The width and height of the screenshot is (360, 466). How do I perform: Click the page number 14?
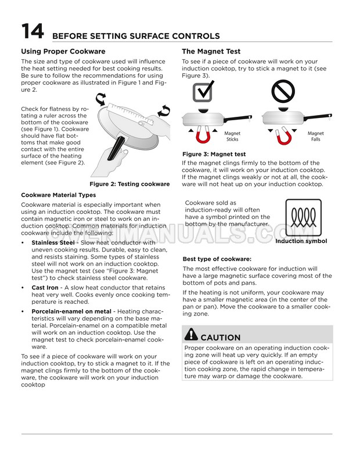[x=33, y=33]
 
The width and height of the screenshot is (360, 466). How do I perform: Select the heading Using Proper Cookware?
[x=63, y=51]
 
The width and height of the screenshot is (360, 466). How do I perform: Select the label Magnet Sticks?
[x=232, y=136]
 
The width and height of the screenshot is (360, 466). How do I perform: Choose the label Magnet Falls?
[x=316, y=136]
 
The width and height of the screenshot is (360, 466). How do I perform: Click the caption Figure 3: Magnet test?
[x=214, y=154]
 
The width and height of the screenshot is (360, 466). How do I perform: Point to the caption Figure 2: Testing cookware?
[x=129, y=184]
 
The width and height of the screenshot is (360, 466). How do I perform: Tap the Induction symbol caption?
[x=301, y=241]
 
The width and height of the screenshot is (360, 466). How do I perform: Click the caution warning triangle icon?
[x=190, y=335]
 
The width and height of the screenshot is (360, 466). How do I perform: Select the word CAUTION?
[x=221, y=337]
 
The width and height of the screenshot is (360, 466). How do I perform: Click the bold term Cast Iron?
[x=45, y=287]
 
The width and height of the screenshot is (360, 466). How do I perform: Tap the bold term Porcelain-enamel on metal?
[x=71, y=311]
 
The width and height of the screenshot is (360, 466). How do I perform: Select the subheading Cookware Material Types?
[x=59, y=195]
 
